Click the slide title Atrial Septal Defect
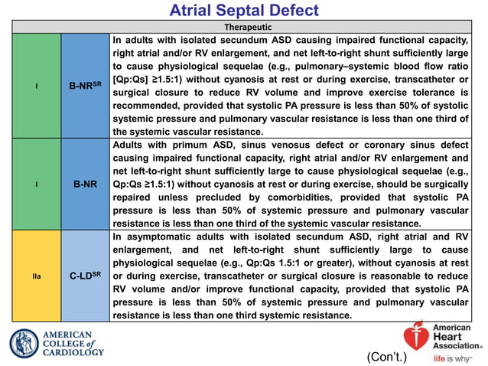tap(243, 11)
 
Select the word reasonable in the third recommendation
tap(378, 276)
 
